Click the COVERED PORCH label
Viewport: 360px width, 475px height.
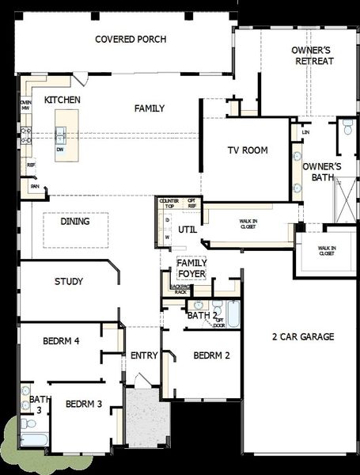(124, 39)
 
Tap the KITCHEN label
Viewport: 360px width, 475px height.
(62, 101)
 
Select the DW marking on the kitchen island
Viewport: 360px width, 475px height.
(60, 148)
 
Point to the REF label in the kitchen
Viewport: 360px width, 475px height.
(31, 165)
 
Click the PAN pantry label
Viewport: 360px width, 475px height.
(34, 186)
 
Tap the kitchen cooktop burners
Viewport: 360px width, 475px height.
(25, 135)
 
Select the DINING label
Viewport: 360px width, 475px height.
(75, 222)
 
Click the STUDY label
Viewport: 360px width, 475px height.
(69, 281)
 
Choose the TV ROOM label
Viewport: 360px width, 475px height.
(248, 150)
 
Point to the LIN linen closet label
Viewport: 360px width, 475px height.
(305, 131)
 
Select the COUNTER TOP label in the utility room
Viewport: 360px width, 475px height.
(169, 203)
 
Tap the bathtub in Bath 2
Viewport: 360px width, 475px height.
(234, 314)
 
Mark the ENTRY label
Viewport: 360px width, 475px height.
(144, 355)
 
